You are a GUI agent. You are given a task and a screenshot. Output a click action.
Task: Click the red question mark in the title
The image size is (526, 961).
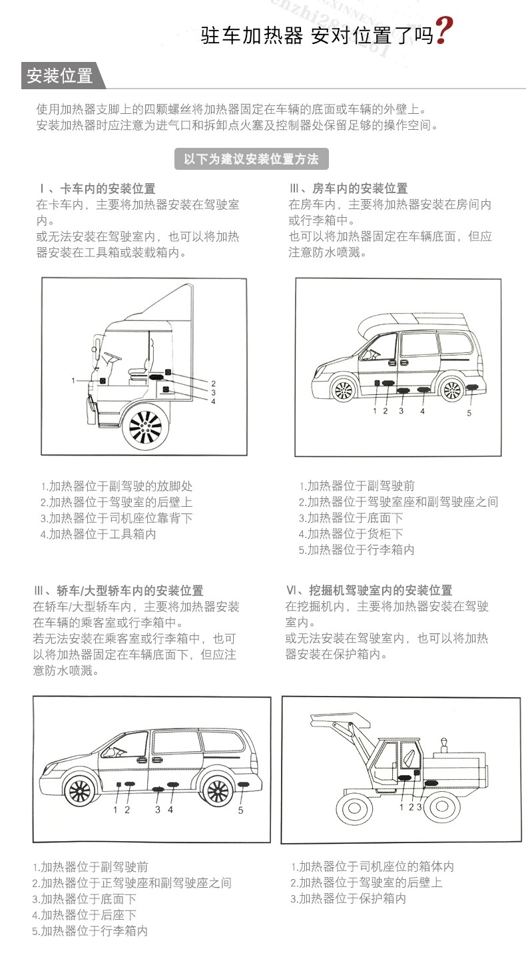click(x=443, y=31)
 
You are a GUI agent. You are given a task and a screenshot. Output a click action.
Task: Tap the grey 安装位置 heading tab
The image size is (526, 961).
click(x=59, y=76)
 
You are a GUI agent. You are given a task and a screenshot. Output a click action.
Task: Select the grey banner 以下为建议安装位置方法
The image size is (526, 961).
click(x=251, y=159)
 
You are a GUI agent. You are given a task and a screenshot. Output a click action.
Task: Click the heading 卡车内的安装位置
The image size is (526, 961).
click(x=107, y=188)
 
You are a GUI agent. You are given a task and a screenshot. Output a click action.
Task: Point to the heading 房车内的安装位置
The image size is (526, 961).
click(x=360, y=188)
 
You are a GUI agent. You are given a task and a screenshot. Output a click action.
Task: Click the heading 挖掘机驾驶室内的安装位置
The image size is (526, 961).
click(x=380, y=590)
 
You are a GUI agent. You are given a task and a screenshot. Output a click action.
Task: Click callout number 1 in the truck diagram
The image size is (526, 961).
click(x=75, y=380)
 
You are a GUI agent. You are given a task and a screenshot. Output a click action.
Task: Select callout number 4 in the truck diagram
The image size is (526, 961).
click(x=213, y=402)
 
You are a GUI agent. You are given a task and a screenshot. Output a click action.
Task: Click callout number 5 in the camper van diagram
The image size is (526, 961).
click(x=469, y=413)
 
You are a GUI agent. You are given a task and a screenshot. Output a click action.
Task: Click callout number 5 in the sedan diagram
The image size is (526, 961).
click(x=241, y=810)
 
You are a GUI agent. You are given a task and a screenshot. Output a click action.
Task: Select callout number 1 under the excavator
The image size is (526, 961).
click(x=401, y=807)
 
